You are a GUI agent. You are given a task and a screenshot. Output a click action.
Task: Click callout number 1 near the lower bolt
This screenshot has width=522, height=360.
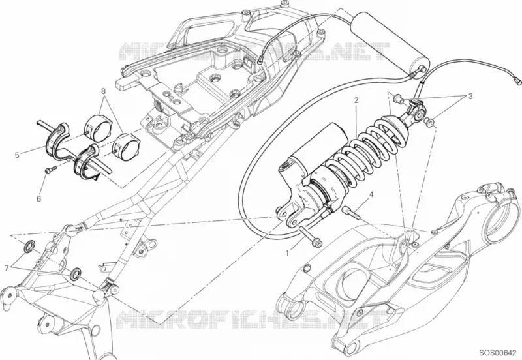coord(287,253)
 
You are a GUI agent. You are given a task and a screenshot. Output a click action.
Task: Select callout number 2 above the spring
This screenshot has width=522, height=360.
coord(356,100)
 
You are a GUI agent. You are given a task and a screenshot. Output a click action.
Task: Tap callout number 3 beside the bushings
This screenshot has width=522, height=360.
coord(470,96)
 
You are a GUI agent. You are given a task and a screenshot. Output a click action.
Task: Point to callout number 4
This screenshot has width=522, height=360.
coord(371,194)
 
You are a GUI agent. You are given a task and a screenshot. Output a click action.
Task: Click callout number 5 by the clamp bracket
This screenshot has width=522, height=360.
coord(17,155)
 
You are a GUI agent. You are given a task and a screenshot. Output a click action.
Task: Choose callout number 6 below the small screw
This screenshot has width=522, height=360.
coord(38,199)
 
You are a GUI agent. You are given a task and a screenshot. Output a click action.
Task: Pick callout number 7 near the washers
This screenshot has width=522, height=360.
coord(6,267)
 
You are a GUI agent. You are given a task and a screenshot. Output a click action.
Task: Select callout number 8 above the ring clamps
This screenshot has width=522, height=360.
coord(103,91)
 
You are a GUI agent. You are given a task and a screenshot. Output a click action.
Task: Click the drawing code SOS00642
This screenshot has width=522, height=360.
coord(499,353)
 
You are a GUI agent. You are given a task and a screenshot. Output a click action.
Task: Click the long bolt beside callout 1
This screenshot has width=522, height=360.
coord(311,237)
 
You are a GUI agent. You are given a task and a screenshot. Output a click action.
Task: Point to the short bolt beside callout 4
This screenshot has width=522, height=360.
coord(351,213)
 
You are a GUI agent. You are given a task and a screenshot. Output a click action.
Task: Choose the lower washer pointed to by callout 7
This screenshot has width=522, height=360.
coord(76,273)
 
